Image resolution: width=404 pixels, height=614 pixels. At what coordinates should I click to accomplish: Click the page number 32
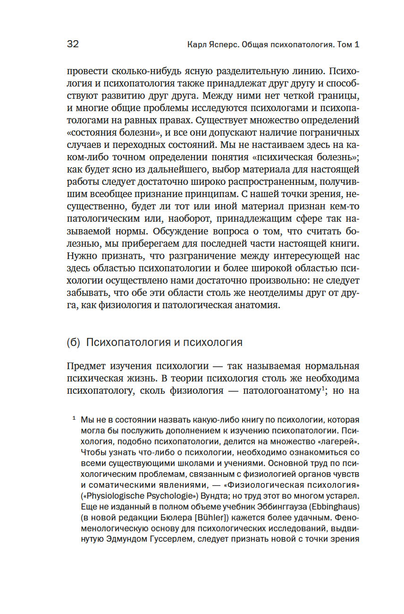click(73, 44)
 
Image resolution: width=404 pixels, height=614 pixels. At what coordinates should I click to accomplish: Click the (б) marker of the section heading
click(74, 342)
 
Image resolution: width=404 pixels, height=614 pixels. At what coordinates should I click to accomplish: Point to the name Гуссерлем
click(168, 539)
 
